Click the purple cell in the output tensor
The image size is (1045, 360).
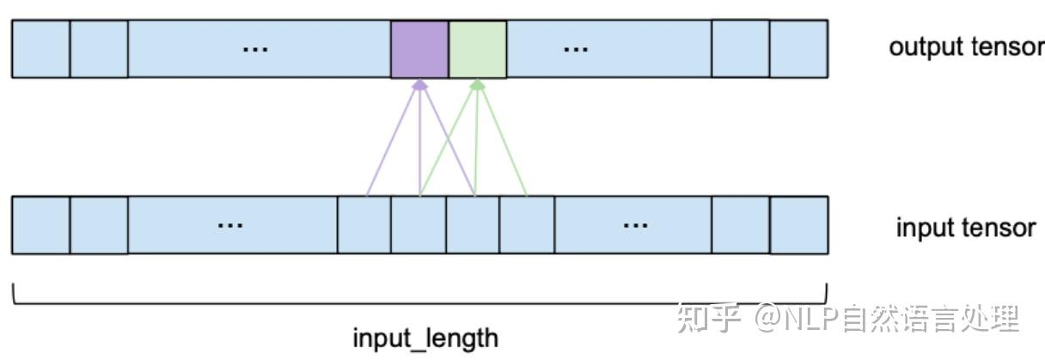coord(419,49)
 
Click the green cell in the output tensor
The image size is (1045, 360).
coord(477,49)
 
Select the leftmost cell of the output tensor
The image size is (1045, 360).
coord(40,49)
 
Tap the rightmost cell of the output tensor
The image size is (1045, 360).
coord(798,49)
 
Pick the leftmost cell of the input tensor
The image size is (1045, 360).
coord(40,225)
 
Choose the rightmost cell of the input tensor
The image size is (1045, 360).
coord(798,225)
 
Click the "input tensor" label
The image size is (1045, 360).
coord(966,228)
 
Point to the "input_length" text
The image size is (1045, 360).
coord(425,338)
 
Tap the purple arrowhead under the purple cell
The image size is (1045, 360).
coord(419,84)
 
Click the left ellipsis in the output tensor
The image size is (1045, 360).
coord(254,49)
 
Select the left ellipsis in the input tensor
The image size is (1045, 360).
coord(229,225)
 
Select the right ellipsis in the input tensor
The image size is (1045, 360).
coord(635,225)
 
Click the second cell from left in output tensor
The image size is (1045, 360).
coord(99,49)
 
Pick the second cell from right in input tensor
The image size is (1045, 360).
coord(740,225)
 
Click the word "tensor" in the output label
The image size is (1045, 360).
coord(1006,47)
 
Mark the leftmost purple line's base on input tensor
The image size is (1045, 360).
coord(366,195)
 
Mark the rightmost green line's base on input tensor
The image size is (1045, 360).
coord(527,195)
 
